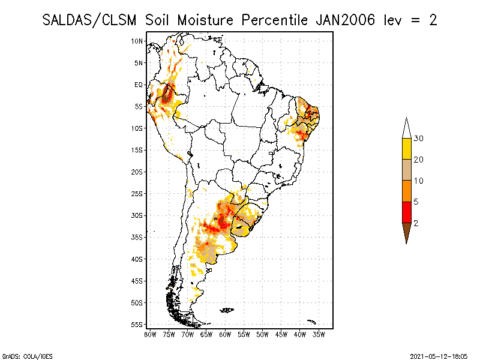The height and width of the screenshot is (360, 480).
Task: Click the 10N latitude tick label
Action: click(x=137, y=41)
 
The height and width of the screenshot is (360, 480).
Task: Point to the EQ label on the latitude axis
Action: click(x=139, y=85)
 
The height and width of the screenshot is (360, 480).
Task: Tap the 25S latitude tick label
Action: click(x=137, y=194)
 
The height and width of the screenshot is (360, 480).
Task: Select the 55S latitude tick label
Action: click(x=137, y=325)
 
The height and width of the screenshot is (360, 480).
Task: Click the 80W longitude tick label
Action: click(x=150, y=334)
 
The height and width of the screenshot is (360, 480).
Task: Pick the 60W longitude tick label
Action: click(x=225, y=334)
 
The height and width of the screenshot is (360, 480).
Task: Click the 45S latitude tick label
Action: click(x=137, y=281)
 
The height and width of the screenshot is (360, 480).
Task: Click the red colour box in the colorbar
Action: click(x=406, y=212)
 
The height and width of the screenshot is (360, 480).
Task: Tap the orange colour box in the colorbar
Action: click(x=406, y=191)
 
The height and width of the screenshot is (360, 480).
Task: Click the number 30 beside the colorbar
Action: click(x=419, y=139)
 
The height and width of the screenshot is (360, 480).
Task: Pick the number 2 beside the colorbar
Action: click(x=416, y=223)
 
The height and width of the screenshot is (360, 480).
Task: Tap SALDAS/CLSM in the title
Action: click(x=92, y=20)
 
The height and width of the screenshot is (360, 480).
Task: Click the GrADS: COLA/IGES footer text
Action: click(x=22, y=355)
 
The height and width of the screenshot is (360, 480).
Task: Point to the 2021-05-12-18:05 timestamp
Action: click(x=438, y=355)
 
